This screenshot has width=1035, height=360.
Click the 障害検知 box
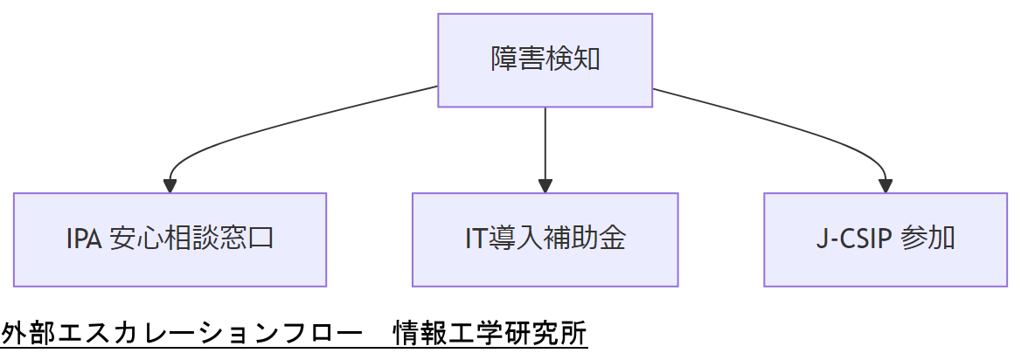[545, 60]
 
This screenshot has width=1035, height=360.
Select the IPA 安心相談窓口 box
[170, 239]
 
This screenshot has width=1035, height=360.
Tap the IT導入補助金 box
[545, 239]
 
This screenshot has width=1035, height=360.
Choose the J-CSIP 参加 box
[885, 239]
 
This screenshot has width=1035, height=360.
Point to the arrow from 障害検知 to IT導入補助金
[545, 144]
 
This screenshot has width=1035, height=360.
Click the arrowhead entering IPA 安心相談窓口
[170, 186]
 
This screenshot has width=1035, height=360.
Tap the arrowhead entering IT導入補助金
[545, 186]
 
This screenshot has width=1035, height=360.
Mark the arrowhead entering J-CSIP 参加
[886, 186]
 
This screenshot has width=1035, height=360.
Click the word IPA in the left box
[84, 239]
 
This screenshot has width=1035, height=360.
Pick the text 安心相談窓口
[192, 239]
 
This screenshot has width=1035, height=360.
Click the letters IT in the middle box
[476, 239]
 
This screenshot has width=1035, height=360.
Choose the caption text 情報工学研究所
[490, 334]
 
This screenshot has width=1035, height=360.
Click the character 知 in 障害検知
[586, 60]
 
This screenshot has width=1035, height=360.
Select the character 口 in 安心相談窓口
[261, 239]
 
